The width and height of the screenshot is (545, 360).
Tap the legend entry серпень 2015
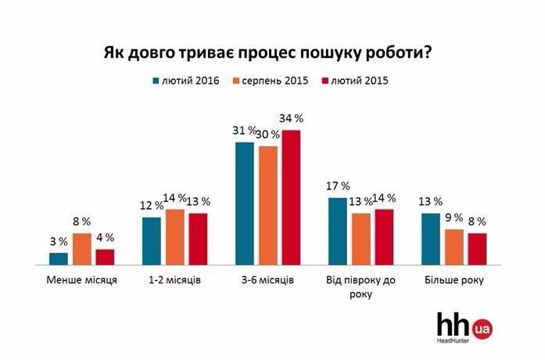coord(276,81)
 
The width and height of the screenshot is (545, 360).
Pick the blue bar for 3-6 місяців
coord(245,204)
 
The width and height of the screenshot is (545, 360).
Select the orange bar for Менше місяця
coord(82,250)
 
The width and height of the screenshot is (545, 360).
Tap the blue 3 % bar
coord(59,259)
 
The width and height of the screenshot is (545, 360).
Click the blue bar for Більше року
coord(430,239)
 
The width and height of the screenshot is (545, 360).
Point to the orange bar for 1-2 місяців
coord(175,238)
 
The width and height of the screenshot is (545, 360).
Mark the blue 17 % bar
coord(338,232)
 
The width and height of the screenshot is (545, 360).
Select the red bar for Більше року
coord(477,250)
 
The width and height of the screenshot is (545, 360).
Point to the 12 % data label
coord(152,205)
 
